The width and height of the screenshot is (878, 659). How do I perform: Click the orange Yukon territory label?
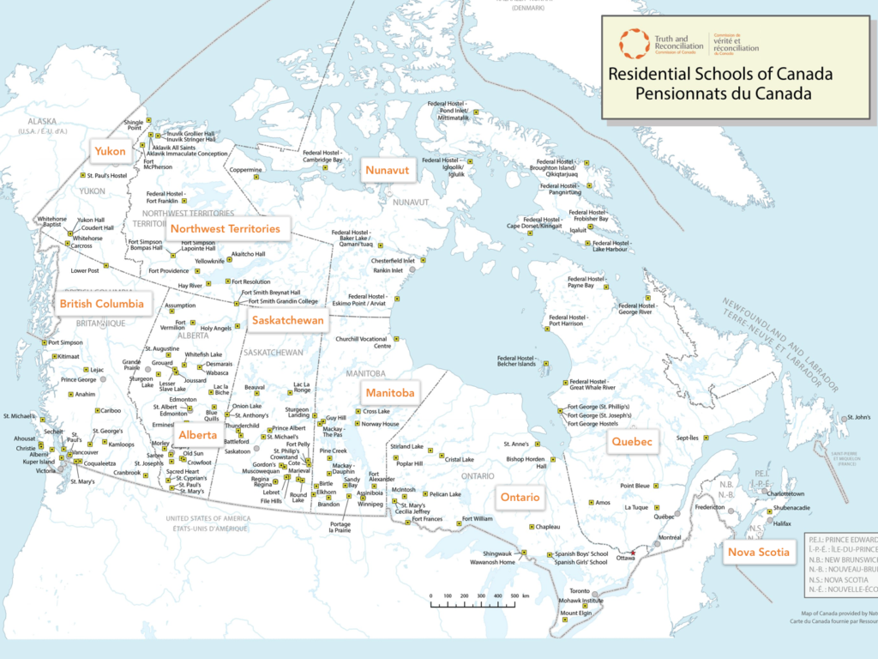[x=110, y=152]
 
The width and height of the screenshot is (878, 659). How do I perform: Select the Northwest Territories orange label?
[x=225, y=229]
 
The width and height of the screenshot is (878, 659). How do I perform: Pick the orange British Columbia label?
[x=101, y=304]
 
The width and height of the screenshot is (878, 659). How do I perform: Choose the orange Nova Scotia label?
[x=758, y=552]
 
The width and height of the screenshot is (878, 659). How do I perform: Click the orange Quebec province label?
[x=632, y=442]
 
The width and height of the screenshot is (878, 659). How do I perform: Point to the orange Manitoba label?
[x=389, y=393]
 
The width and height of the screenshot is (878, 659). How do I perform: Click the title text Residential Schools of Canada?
[x=709, y=74]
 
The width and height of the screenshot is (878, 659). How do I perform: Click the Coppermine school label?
[x=244, y=170]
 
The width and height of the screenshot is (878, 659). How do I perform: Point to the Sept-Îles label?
[x=689, y=437]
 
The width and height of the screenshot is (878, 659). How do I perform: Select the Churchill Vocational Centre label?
[x=361, y=342]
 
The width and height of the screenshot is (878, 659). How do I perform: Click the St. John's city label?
[x=857, y=418]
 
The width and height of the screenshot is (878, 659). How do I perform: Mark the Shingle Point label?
[x=133, y=125]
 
